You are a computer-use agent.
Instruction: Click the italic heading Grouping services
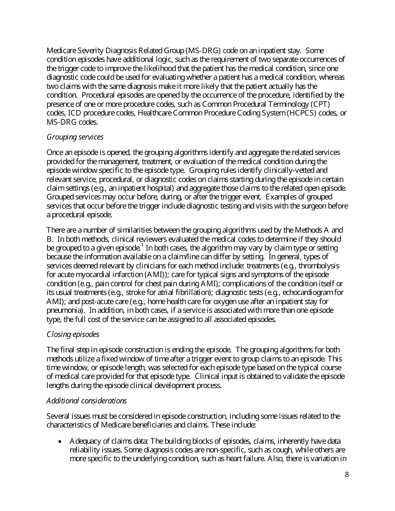(x=75, y=137)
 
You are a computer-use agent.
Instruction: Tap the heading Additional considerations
(x=86, y=400)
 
